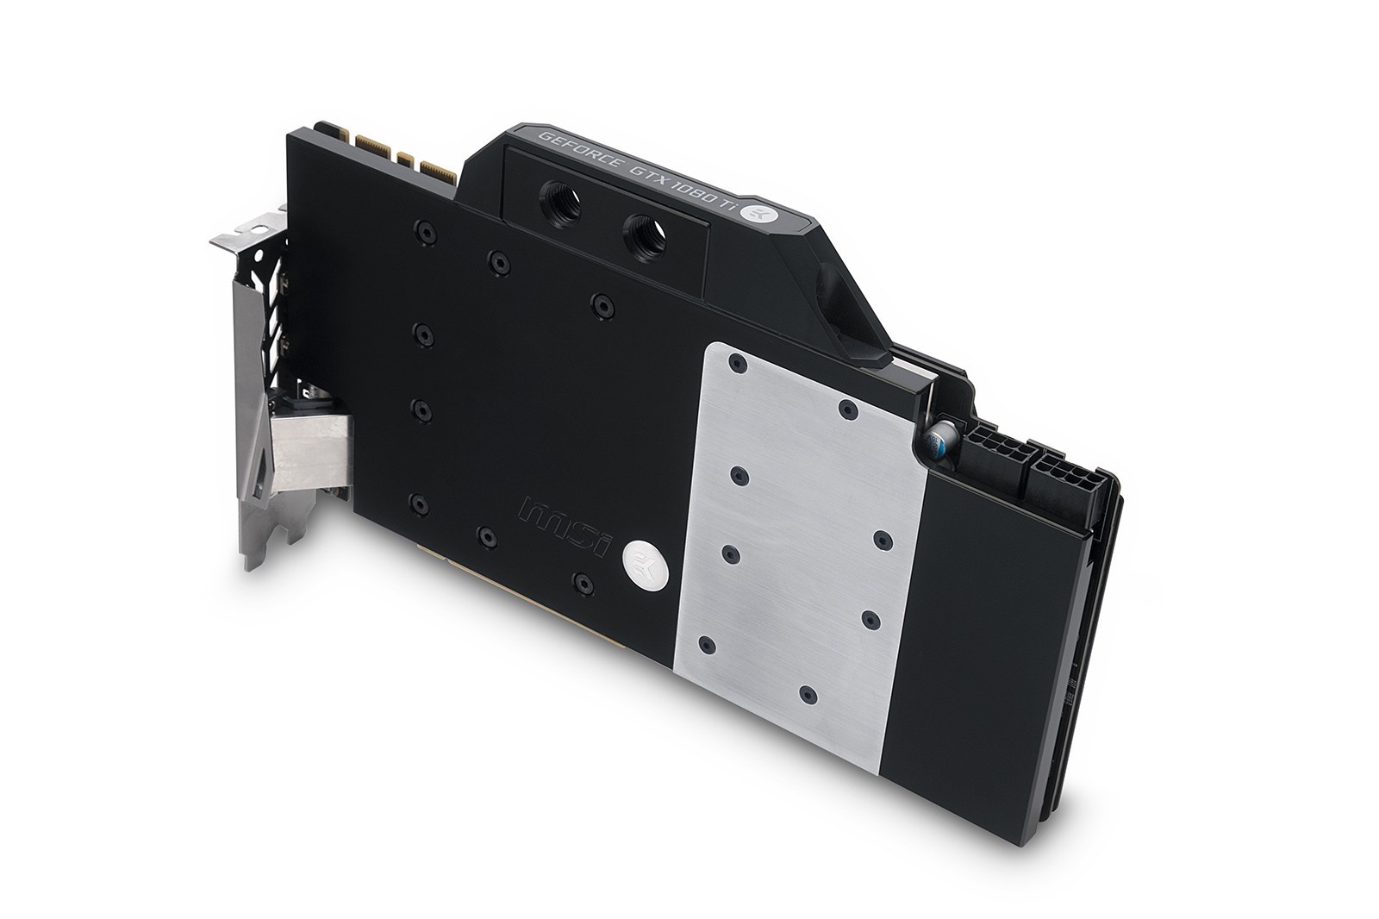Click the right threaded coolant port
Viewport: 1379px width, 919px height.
tap(645, 236)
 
